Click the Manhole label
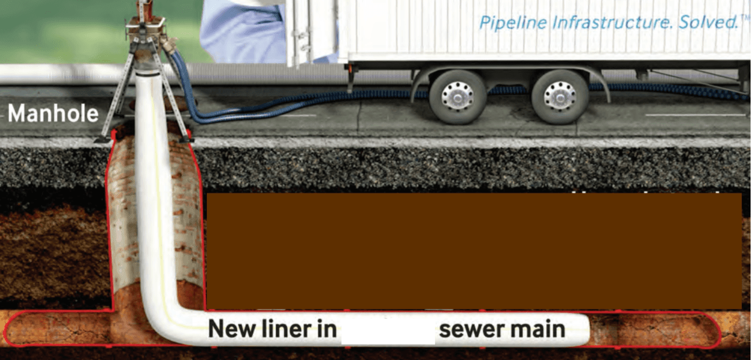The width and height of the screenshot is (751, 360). pyautogui.click(x=53, y=114)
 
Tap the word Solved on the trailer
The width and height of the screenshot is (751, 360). pyautogui.click(x=708, y=23)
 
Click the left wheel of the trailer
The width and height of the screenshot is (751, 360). pyautogui.click(x=457, y=97)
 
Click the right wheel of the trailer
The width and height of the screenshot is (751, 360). pyautogui.click(x=559, y=97)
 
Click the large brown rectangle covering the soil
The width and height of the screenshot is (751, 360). pyautogui.click(x=474, y=251)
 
